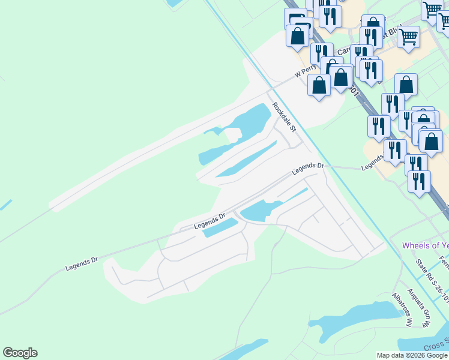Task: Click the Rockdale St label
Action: pos(285,117)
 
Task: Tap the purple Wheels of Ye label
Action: pos(425,245)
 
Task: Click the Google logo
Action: pos(20,353)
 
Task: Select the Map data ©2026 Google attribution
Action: pos(412,355)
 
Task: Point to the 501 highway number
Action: pos(354,93)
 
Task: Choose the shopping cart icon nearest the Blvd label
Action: pos(408,36)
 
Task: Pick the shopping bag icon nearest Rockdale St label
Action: pos(319,84)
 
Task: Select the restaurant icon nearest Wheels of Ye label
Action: pos(419,181)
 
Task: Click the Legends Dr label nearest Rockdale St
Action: pos(308,169)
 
